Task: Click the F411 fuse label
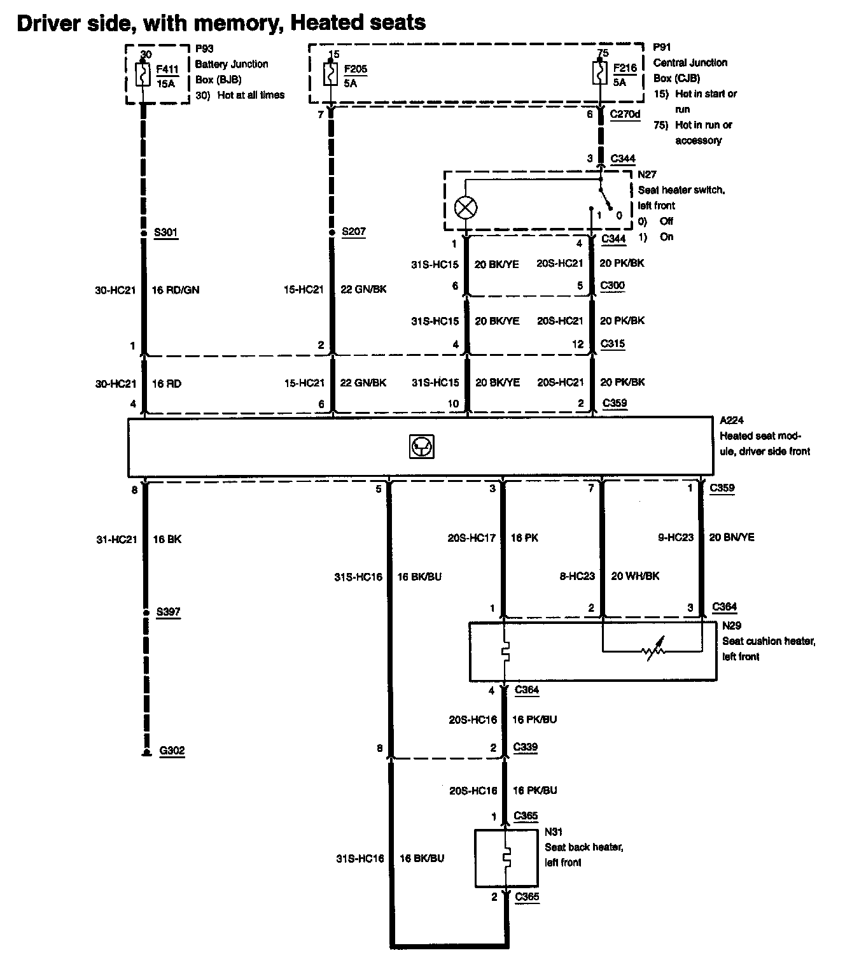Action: tap(167, 70)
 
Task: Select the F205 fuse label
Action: tap(355, 69)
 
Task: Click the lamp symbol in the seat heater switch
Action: tap(466, 207)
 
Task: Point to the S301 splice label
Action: tap(165, 232)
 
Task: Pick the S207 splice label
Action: tap(353, 231)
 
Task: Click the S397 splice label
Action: tap(168, 612)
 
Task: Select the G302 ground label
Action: tap(171, 750)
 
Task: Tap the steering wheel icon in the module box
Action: tap(421, 448)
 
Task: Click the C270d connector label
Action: tap(625, 114)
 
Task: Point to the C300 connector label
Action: tap(613, 285)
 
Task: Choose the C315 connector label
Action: tap(613, 344)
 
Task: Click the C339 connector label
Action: tap(526, 747)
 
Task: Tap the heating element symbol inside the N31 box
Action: tap(506, 858)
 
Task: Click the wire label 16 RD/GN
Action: tap(175, 290)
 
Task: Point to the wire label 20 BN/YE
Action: tap(731, 537)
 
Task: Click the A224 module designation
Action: tap(731, 420)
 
